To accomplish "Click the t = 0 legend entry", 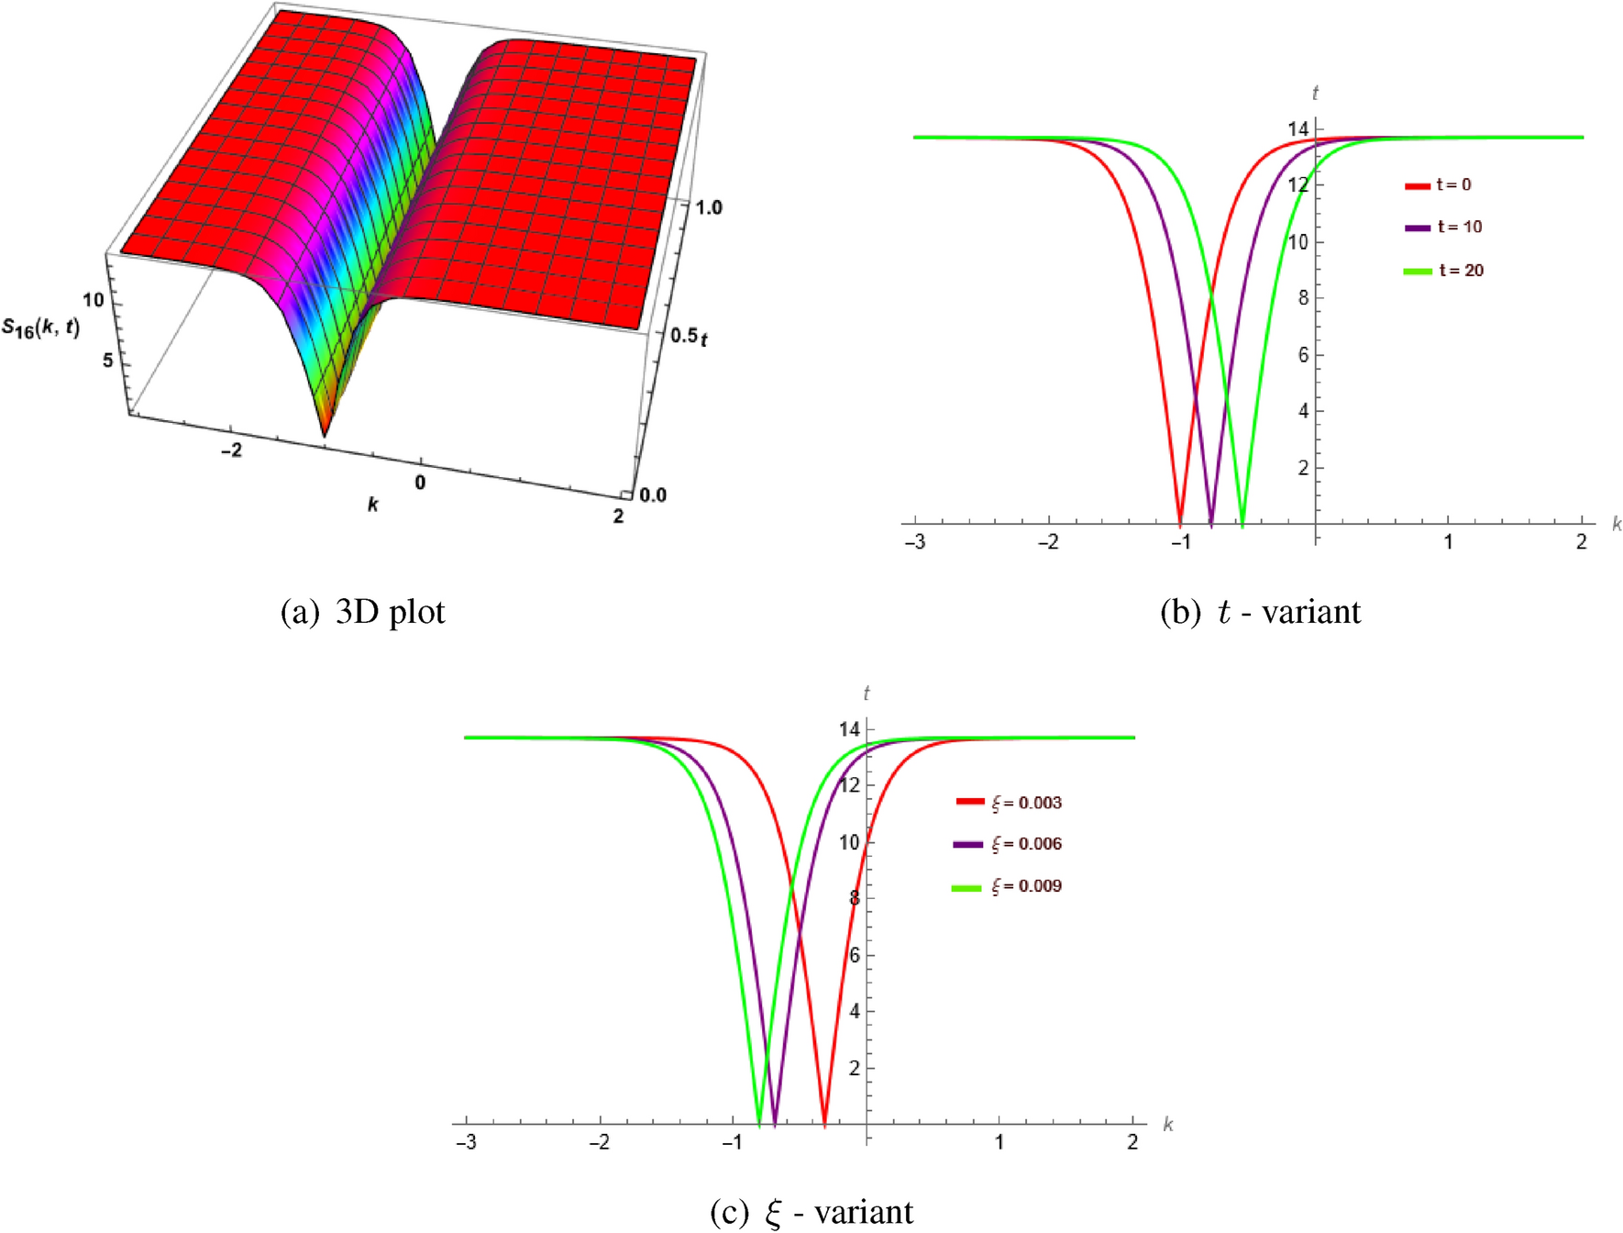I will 1440,184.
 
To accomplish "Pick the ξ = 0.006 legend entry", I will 1009,844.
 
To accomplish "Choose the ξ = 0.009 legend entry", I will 1009,886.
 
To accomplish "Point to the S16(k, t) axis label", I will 40,327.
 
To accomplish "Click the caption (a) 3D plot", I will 363,612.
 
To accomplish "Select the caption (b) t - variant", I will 1261,612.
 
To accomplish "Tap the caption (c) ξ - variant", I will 812,1213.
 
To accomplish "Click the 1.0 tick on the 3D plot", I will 708,207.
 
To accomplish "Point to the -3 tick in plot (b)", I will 915,542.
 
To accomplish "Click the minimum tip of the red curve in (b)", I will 1180,524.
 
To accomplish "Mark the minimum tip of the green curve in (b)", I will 1242,526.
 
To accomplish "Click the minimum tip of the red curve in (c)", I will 824,1124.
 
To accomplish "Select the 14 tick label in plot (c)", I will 849,729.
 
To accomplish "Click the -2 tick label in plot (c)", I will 600,1142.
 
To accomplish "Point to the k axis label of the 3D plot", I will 372,505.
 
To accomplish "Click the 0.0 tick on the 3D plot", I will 653,495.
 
